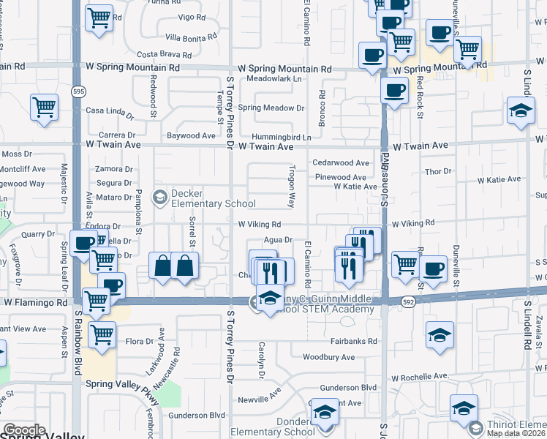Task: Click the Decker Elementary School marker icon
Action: [x=159, y=197]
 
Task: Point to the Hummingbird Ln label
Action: [x=282, y=137]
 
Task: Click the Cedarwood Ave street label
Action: [x=340, y=163]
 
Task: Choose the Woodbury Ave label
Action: [x=329, y=358]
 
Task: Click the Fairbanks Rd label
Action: [x=353, y=342]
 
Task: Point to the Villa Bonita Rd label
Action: [x=191, y=36]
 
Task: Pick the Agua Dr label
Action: [x=279, y=239]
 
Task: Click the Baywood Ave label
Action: [x=191, y=135]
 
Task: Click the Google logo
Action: [x=25, y=430]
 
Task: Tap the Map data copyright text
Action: [x=516, y=433]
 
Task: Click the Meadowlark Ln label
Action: [x=274, y=78]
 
